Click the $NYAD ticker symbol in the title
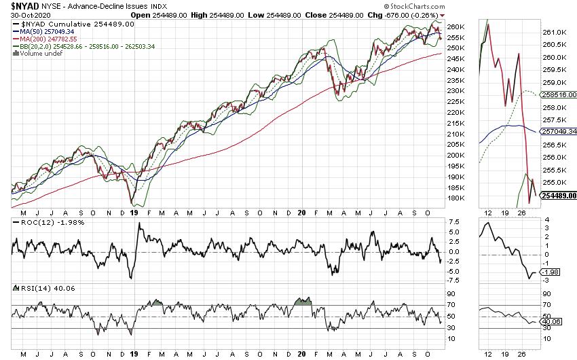(x=24, y=5)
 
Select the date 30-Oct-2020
(x=29, y=15)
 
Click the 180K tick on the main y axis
(x=456, y=198)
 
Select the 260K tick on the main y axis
(x=456, y=27)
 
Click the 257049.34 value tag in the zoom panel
(x=559, y=131)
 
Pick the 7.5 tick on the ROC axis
(x=455, y=222)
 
